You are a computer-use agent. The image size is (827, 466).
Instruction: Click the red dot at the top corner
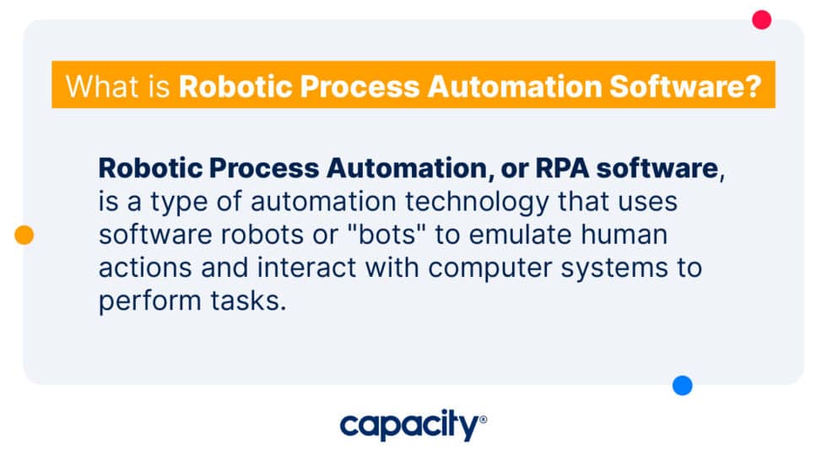click(762, 19)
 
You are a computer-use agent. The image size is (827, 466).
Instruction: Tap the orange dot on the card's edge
click(24, 236)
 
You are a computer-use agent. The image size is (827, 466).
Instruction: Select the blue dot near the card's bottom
click(683, 386)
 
